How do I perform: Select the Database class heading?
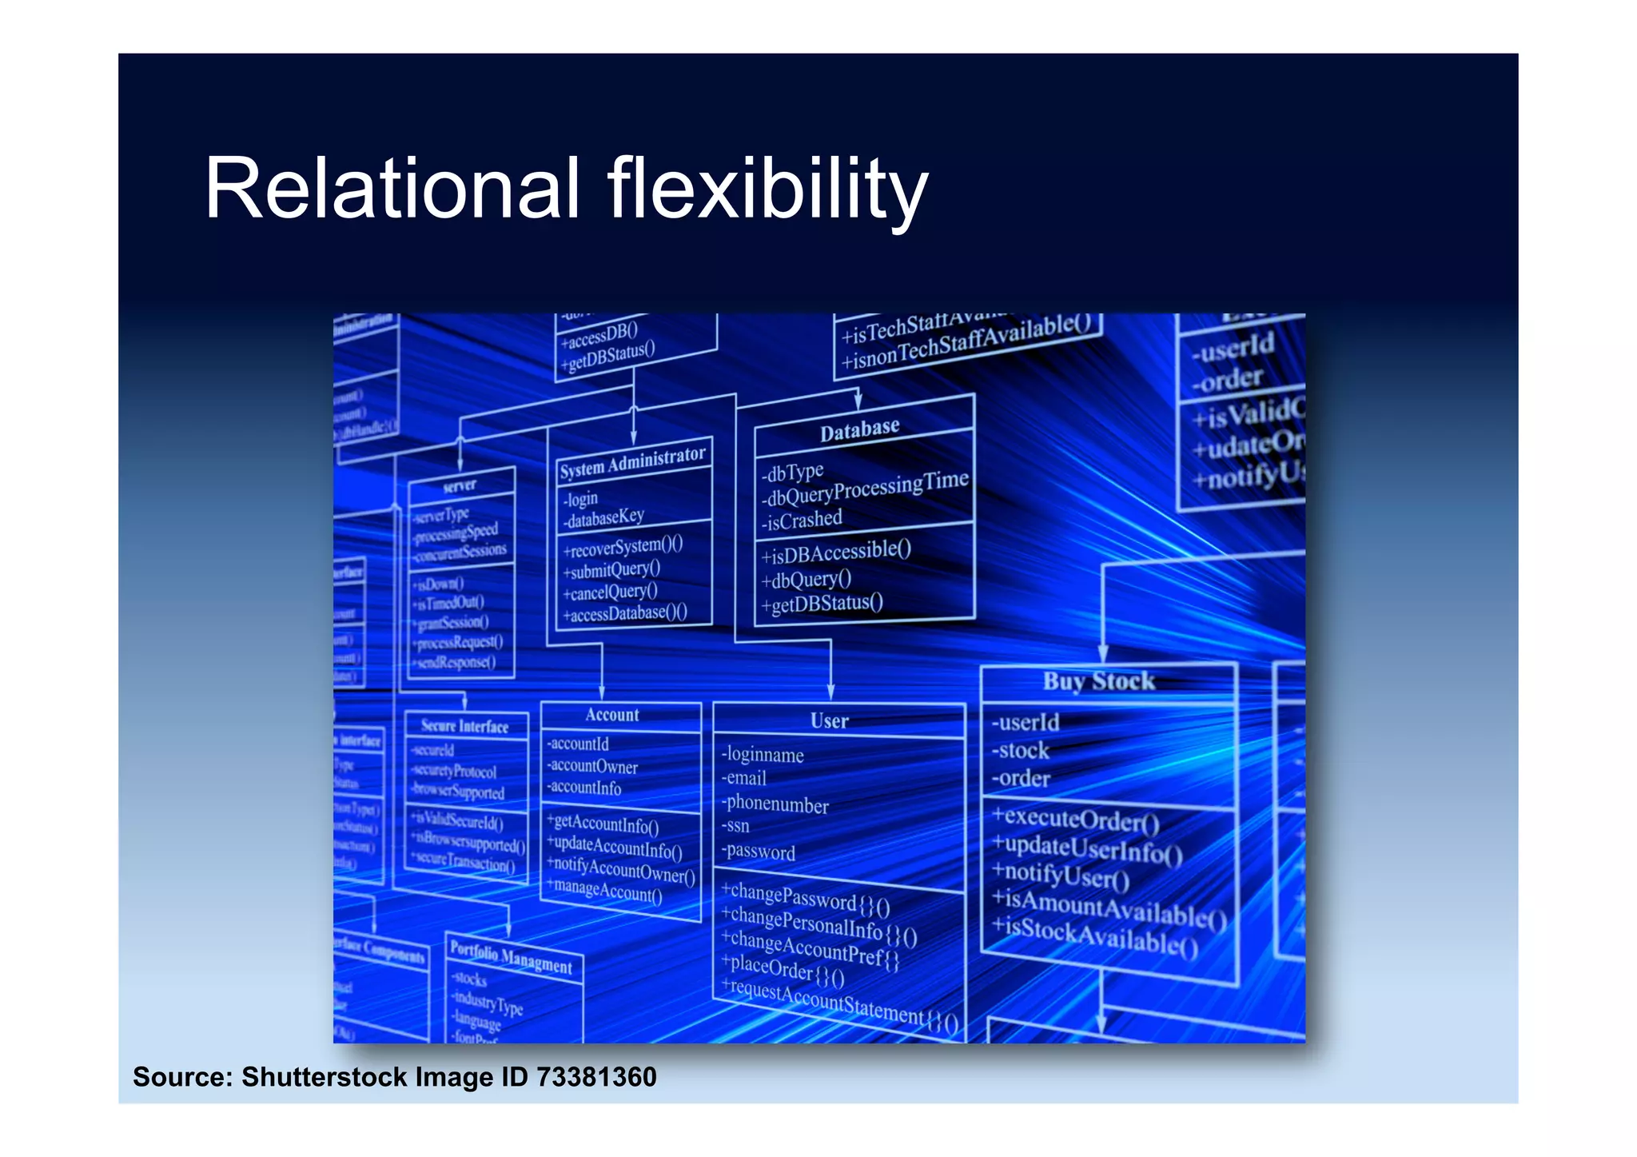(x=859, y=430)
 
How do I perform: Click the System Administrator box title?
(x=632, y=462)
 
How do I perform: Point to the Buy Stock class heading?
(x=1098, y=681)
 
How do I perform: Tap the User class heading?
(x=829, y=721)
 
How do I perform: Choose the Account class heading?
(x=612, y=715)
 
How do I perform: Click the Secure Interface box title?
(x=464, y=726)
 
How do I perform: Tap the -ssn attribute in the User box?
(x=736, y=826)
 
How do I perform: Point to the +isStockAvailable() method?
(x=1094, y=937)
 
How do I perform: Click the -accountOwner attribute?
(x=593, y=766)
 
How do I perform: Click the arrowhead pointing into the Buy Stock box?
(x=1102, y=653)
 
